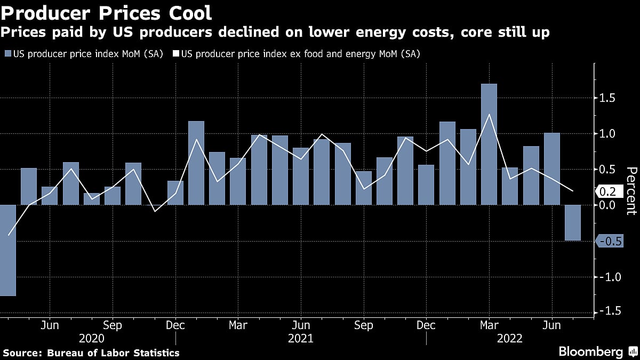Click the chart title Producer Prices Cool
107,12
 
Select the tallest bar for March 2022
489,144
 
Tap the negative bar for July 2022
572,222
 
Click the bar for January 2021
196,163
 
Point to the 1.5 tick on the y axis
608,98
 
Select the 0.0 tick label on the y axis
608,205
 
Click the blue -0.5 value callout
610,242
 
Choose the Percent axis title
631,190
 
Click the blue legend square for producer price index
7,54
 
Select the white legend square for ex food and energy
175,54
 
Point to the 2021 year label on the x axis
300,338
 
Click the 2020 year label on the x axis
92,338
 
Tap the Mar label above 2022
489,325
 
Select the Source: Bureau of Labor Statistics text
91,353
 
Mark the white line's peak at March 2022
489,114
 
